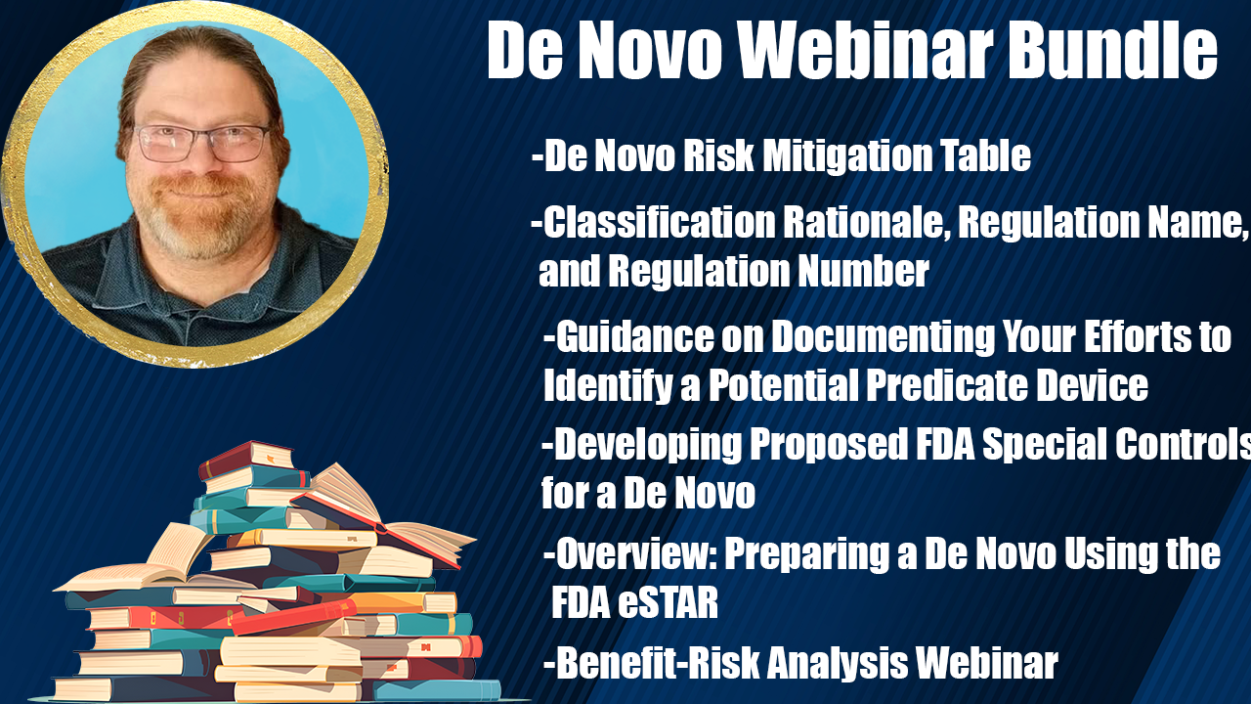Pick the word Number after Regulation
coord(863,271)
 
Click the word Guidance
coord(635,336)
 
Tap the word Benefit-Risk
coord(658,663)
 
